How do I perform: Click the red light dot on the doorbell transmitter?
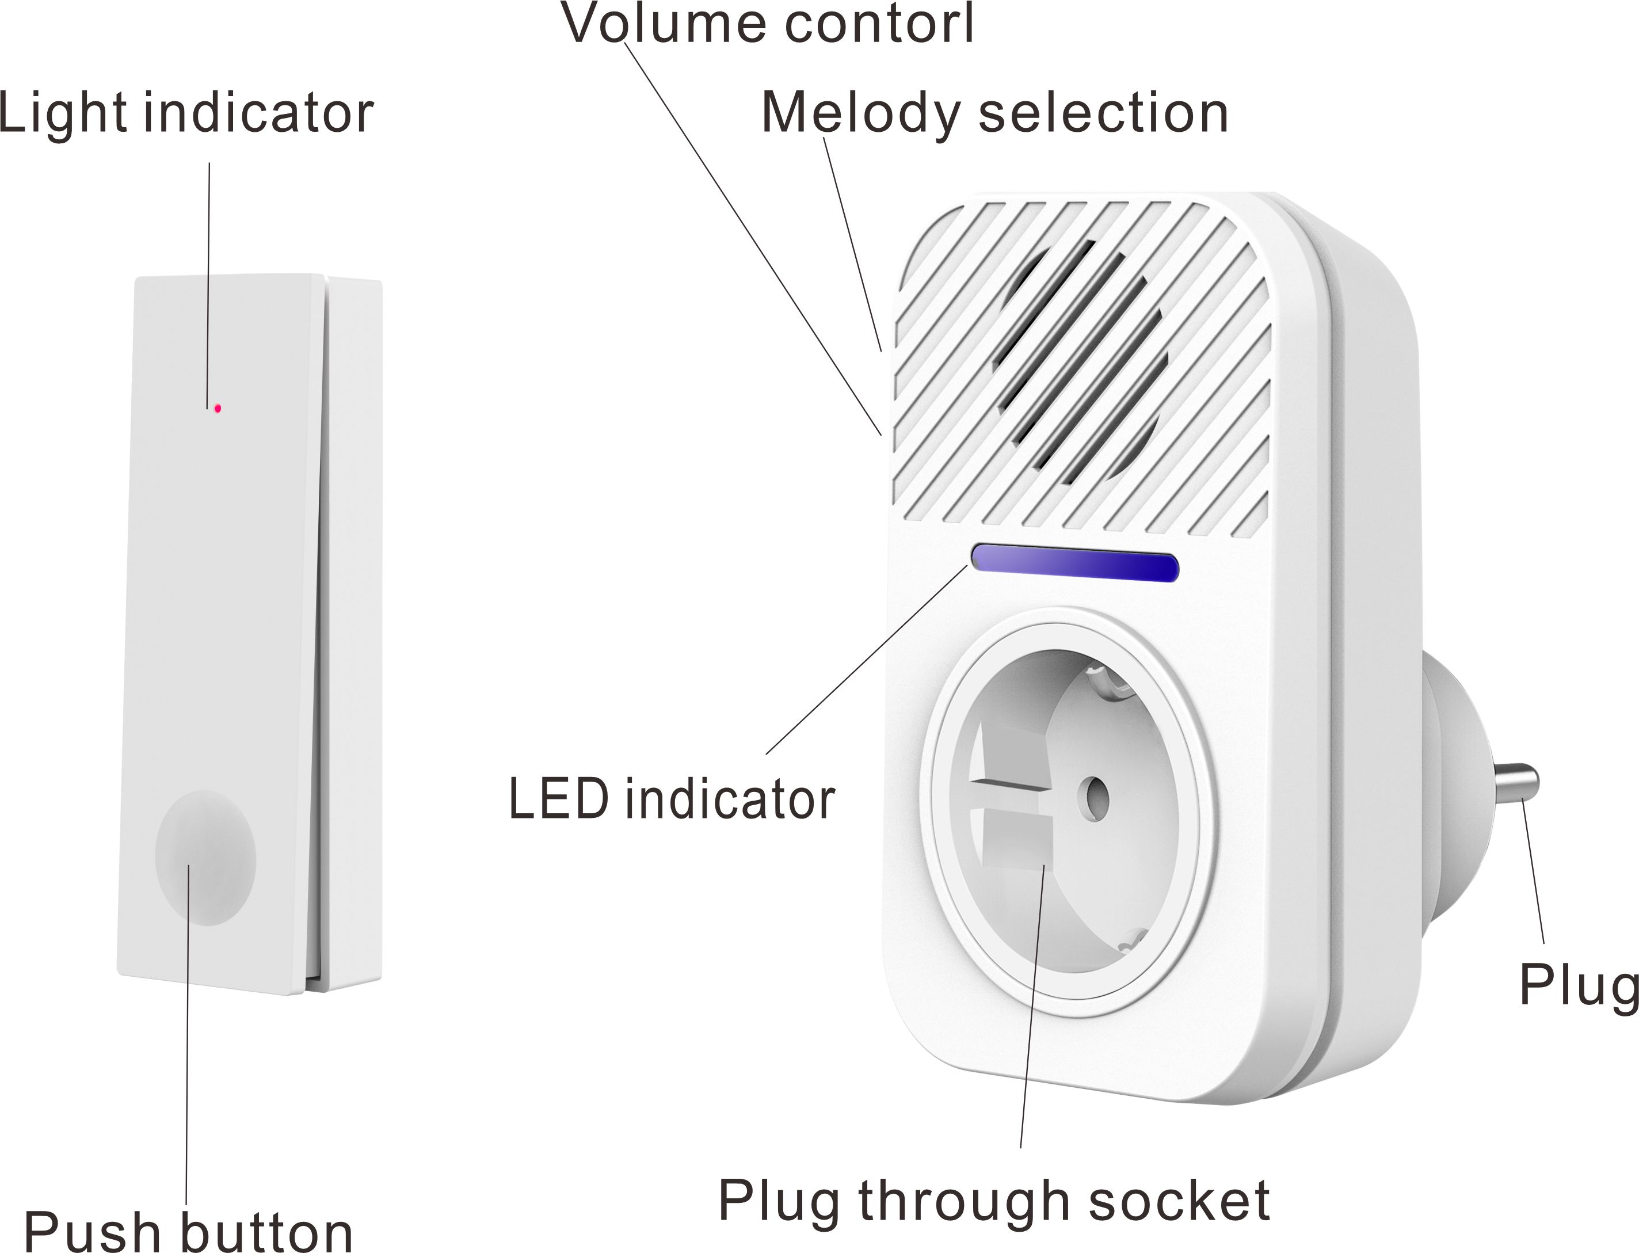pos(217,409)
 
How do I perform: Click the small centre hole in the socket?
pos(1095,797)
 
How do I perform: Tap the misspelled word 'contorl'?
pos(879,24)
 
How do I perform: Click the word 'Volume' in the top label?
pos(664,24)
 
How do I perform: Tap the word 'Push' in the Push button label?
pos(93,1233)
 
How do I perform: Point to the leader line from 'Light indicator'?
pos(209,283)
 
